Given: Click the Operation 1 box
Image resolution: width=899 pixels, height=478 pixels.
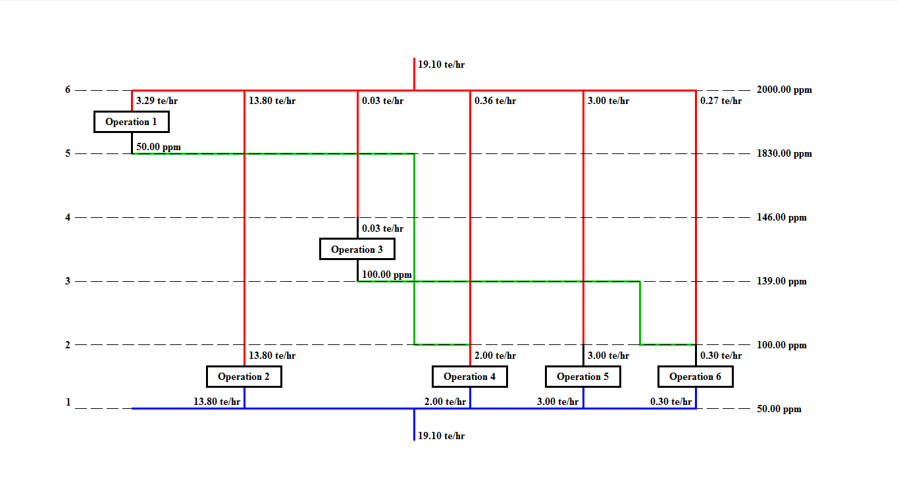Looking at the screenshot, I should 131,122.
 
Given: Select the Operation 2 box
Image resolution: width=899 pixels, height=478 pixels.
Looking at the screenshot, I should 244,377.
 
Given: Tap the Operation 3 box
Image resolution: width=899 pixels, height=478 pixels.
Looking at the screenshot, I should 357,250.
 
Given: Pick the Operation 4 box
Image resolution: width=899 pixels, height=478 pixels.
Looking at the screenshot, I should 469,377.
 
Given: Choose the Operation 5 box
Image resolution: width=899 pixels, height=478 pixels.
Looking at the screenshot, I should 582,377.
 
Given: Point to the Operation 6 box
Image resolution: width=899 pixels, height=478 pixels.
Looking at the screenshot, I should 695,377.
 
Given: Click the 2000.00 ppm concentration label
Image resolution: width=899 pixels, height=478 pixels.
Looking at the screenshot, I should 784,90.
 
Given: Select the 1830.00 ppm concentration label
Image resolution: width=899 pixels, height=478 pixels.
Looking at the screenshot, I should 784,153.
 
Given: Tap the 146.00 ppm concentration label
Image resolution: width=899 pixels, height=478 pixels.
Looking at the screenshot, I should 782,217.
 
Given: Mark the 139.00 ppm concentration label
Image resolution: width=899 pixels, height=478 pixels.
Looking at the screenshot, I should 782,281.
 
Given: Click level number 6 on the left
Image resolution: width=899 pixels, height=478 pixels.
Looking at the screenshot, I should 68,90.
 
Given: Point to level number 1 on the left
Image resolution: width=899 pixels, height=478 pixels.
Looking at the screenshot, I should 68,402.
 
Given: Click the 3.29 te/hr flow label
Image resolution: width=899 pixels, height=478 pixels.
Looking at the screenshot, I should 157,101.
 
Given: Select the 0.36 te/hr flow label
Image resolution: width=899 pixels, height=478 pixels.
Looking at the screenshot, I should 495,101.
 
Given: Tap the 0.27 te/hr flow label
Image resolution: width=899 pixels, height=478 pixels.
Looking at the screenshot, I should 721,101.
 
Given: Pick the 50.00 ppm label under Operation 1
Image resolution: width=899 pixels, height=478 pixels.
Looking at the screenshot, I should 159,146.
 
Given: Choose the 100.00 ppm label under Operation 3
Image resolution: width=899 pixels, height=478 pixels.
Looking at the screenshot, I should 387,274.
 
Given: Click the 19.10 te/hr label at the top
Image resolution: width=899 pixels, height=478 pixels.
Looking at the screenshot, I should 441,65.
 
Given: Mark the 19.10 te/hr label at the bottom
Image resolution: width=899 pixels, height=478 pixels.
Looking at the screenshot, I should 441,436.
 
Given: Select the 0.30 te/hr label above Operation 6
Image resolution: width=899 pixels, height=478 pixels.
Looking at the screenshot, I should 721,356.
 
